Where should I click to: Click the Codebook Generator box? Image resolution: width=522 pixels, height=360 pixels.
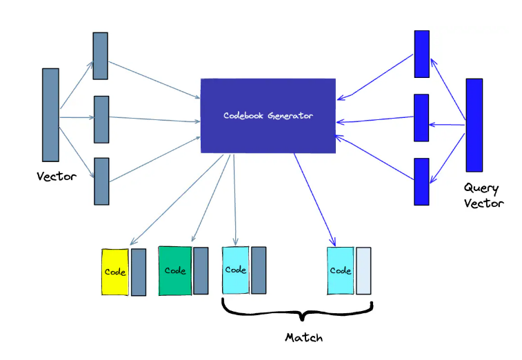(x=268, y=115)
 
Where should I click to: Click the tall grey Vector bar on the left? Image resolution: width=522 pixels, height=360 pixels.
(x=50, y=114)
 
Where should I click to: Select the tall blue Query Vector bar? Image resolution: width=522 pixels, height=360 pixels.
(x=474, y=125)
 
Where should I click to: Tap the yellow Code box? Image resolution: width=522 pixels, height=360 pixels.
(x=115, y=272)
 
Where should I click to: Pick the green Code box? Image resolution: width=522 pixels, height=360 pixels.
(x=175, y=270)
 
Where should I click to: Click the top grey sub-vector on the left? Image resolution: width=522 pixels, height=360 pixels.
(x=101, y=55)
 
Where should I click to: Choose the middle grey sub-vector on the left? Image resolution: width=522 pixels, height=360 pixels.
(x=101, y=119)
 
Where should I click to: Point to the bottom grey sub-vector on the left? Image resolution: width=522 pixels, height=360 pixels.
(x=101, y=181)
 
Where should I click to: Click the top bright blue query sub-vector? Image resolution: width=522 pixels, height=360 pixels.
(x=421, y=54)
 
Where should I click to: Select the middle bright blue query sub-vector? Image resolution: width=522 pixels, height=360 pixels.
(x=421, y=118)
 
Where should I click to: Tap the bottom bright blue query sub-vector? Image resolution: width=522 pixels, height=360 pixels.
(x=421, y=181)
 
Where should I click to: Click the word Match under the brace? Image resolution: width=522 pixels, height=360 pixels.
(x=303, y=338)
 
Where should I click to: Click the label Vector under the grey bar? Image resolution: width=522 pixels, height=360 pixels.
(x=57, y=177)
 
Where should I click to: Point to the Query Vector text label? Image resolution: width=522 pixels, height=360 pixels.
(x=483, y=195)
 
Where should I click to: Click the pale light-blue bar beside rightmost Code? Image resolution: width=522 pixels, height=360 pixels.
(x=363, y=270)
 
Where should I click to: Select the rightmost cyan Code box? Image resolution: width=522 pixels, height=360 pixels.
(x=341, y=270)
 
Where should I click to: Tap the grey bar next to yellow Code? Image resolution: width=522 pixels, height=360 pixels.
(x=139, y=272)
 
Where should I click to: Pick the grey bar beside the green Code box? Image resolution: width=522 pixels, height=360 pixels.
(x=201, y=270)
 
